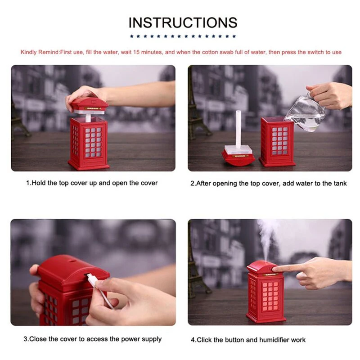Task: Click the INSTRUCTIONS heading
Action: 183,22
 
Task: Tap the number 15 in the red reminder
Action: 136,52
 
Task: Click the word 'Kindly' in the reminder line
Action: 29,52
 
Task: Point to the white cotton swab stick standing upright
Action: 238,129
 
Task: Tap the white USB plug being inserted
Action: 92,279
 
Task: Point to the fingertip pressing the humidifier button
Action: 275,269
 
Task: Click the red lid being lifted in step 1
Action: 89,105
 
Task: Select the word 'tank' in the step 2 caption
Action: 340,184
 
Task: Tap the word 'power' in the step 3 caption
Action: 130,339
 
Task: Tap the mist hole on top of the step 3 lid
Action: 73,261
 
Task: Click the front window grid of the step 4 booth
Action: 270,296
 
